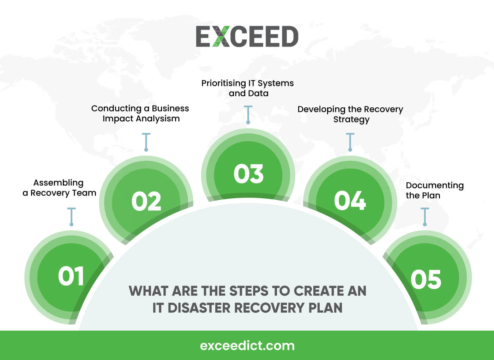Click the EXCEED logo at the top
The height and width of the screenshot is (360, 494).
coord(247,36)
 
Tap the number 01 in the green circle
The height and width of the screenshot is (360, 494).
coord(71,276)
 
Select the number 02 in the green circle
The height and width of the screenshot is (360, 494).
coord(146,202)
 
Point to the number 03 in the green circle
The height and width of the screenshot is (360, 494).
coord(248,174)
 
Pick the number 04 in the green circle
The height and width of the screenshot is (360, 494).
coord(350,201)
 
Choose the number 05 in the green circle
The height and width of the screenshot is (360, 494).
coord(426,280)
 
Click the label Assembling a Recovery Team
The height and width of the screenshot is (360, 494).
coord(59,188)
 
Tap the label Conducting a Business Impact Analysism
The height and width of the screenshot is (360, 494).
coord(140,113)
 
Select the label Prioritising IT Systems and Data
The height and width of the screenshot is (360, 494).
coord(248,88)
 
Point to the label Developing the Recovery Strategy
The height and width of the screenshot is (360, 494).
coord(350,114)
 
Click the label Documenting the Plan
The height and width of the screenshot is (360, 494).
coord(434,190)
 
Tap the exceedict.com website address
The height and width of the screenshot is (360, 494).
coord(247,346)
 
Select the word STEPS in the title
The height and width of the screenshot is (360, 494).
coord(249,291)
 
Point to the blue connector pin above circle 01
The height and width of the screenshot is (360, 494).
coord(72,217)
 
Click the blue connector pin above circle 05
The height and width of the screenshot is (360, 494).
coord(425,217)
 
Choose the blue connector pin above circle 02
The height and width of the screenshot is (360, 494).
coord(146,142)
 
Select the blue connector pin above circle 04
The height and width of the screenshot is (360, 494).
coord(350,142)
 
